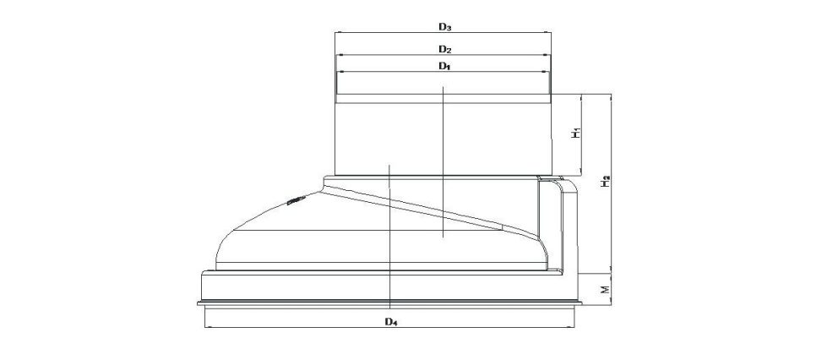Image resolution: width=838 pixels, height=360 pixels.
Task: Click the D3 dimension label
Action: coord(446,26)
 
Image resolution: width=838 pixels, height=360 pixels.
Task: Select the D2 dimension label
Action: coord(446,49)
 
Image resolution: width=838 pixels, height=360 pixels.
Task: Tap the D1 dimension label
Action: coord(445,66)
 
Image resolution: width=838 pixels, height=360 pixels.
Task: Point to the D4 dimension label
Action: coord(392,321)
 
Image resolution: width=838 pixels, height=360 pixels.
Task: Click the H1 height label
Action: coord(575,134)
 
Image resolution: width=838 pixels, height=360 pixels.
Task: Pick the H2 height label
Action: coord(606,181)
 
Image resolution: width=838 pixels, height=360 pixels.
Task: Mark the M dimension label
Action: coord(605,289)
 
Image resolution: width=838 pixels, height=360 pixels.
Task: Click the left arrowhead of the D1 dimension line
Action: coord(338,72)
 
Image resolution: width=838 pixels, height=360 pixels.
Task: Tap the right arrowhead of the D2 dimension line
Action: coord(548,55)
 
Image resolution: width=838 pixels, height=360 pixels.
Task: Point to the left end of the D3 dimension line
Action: coord(335,33)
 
